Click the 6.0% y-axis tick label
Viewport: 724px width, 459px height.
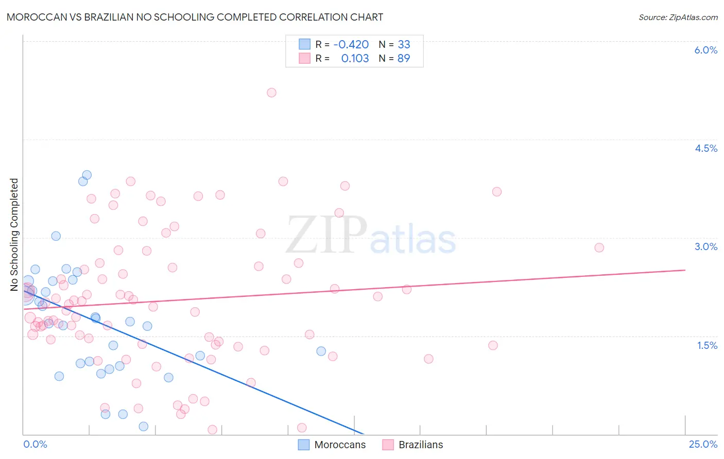705,50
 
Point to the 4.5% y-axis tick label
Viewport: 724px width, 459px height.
705,148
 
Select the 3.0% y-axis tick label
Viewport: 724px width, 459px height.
705,246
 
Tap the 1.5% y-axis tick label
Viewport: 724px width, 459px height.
707,345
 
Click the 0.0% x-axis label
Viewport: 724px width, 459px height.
35,444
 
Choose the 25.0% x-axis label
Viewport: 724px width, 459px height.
703,444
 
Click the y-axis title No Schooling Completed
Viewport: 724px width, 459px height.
14,235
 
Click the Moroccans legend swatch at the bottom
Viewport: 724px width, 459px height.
304,445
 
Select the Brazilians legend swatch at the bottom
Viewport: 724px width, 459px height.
388,445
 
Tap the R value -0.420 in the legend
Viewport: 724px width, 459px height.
351,45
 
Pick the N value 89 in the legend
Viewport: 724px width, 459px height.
404,59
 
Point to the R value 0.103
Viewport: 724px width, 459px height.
355,59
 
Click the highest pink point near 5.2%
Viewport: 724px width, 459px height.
271,93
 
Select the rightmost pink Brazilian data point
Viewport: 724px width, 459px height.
599,248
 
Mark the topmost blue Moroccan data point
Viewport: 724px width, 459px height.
87,175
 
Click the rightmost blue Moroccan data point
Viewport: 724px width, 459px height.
321,351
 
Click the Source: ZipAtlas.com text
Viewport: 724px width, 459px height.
678,17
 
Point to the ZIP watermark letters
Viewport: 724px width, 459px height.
326,235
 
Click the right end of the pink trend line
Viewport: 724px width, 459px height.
685,270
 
